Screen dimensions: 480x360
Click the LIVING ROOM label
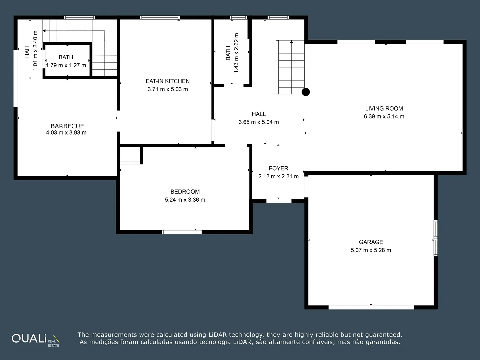[x=384, y=108]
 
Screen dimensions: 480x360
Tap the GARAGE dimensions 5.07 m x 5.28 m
[x=371, y=250]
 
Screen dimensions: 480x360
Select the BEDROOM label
[x=185, y=192]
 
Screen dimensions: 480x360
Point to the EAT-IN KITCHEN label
[x=168, y=81]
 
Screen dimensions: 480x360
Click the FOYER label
[x=278, y=168]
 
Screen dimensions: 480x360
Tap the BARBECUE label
[x=67, y=126]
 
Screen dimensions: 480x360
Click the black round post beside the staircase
[x=306, y=92]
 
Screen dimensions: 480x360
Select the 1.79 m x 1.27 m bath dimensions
[x=66, y=65]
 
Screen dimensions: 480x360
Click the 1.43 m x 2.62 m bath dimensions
[x=236, y=53]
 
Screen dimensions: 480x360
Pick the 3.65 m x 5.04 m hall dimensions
[x=259, y=122]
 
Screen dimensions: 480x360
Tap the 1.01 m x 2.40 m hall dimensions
[x=35, y=50]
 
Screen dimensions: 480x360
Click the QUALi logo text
[x=29, y=338]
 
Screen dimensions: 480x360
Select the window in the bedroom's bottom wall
[x=182, y=232]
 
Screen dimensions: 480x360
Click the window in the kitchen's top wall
[x=160, y=17]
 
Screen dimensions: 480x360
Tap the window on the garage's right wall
[x=436, y=238]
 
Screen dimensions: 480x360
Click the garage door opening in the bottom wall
[x=371, y=307]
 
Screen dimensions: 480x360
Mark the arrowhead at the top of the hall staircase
[x=291, y=42]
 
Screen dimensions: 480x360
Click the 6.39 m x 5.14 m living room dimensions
[x=384, y=117]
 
